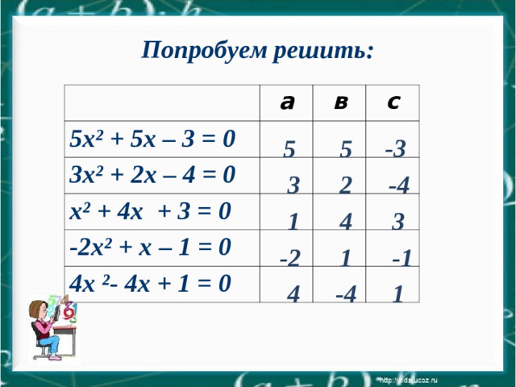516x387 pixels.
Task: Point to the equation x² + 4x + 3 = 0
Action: pos(152,211)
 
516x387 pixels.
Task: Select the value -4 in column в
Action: pos(346,294)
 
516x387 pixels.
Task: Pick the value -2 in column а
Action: pos(290,258)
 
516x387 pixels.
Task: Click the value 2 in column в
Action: pos(346,186)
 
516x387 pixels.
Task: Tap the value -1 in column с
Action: pos(402,258)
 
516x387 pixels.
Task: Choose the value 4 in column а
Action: pos(294,295)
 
